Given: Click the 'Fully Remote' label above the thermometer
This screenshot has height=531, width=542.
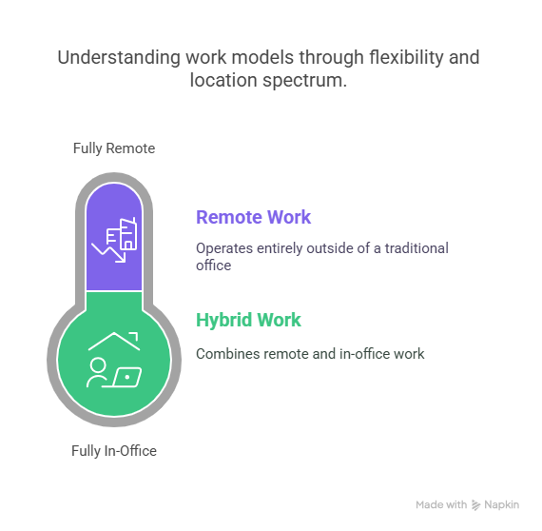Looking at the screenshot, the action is click(x=114, y=148).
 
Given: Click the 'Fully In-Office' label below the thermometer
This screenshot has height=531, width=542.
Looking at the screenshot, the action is click(x=114, y=451).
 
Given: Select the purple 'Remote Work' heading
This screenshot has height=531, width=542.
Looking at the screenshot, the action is click(x=253, y=217).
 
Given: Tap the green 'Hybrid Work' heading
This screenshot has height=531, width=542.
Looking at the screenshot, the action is click(x=248, y=320).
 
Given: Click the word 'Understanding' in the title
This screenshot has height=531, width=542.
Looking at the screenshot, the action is click(x=119, y=57).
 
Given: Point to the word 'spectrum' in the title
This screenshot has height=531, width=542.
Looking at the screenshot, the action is click(x=304, y=81).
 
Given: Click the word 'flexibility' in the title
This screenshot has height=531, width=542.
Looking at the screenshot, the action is click(x=406, y=57).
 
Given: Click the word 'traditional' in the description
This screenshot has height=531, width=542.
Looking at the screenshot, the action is click(x=416, y=248).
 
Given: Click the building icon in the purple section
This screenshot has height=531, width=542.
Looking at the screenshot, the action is click(x=122, y=233).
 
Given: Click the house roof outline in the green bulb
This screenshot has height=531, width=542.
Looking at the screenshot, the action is click(x=114, y=341).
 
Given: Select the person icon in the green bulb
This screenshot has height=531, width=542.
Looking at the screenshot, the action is click(x=97, y=373).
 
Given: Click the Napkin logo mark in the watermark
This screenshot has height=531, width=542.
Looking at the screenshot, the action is click(x=476, y=505).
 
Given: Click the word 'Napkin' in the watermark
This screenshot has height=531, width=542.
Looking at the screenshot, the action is click(x=501, y=505).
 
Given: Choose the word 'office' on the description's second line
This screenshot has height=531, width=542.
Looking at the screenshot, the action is click(x=214, y=265).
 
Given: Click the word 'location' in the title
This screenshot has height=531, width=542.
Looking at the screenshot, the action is click(x=223, y=81).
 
